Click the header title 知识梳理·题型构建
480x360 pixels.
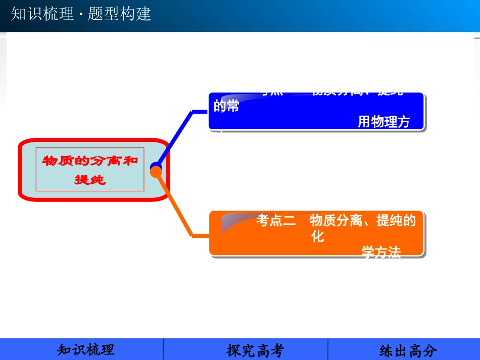click(x=81, y=14)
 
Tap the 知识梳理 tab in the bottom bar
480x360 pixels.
click(x=86, y=349)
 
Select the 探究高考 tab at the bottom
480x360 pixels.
click(x=256, y=350)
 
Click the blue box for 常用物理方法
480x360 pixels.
click(x=316, y=112)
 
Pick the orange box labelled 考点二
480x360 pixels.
click(x=316, y=233)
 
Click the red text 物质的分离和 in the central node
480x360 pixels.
click(x=89, y=161)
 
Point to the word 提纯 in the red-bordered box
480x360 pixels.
click(x=90, y=179)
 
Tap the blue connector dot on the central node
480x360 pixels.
click(x=155, y=166)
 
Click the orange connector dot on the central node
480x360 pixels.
click(x=157, y=173)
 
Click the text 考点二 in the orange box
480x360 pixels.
click(x=276, y=221)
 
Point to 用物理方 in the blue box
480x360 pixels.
click(x=383, y=122)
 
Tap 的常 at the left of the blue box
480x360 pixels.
click(x=226, y=107)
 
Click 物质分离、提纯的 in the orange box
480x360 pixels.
click(x=362, y=221)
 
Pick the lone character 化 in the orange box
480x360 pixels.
click(x=318, y=236)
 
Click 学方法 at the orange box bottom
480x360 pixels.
click(x=381, y=252)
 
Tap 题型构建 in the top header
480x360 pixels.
click(x=119, y=14)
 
